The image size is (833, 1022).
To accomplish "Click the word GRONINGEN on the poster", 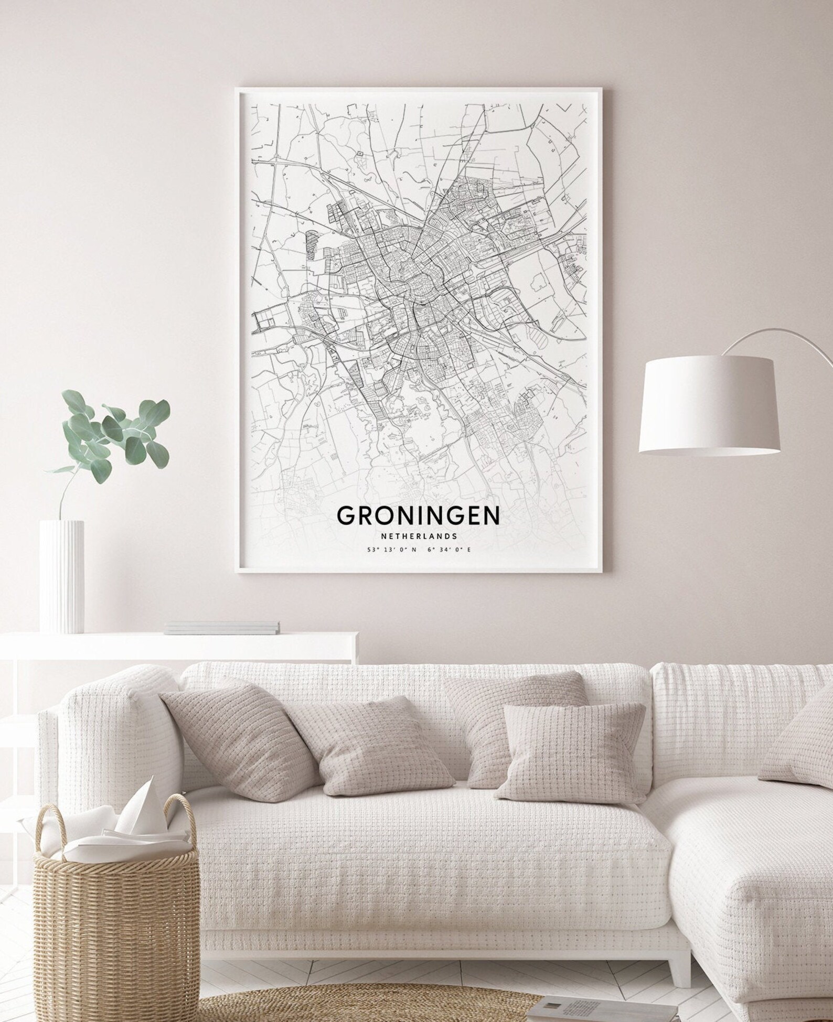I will (x=418, y=515).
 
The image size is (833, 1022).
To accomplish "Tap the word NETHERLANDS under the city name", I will (x=418, y=536).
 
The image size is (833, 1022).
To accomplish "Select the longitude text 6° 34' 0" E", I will (x=449, y=550).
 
